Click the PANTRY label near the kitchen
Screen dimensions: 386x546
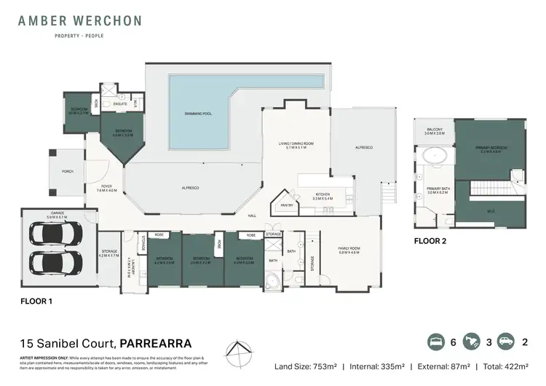coord(286,205)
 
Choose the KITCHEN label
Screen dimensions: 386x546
coord(323,195)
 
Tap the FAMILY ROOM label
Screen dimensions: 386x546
coord(349,250)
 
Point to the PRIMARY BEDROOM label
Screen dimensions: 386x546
coord(493,149)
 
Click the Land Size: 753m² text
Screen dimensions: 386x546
coord(305,366)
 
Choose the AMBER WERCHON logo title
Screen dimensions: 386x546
coord(80,21)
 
